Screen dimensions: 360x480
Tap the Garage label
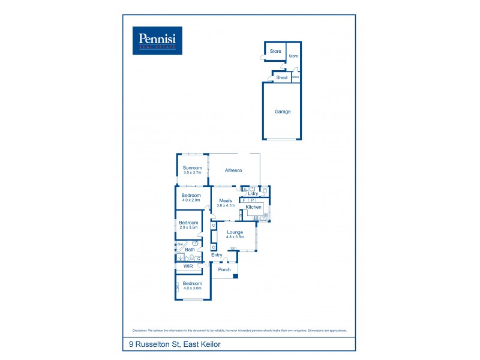pyautogui.click(x=283, y=112)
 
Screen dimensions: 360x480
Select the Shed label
pyautogui.click(x=281, y=78)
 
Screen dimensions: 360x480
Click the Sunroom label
pyautogui.click(x=192, y=168)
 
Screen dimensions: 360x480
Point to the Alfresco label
pyautogui.click(x=233, y=171)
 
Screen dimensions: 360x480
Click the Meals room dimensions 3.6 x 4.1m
pyautogui.click(x=226, y=206)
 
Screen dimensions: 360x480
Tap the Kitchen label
pyautogui.click(x=254, y=207)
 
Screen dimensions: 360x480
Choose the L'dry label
pyautogui.click(x=253, y=194)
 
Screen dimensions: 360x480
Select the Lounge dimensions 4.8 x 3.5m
pyautogui.click(x=235, y=236)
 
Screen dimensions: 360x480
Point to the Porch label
pyautogui.click(x=224, y=270)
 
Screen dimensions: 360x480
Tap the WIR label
pyautogui.click(x=188, y=266)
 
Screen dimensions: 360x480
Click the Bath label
pyautogui.click(x=190, y=250)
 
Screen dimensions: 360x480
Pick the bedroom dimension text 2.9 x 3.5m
pyautogui.click(x=188, y=227)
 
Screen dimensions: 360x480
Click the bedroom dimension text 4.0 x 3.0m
pyautogui.click(x=193, y=289)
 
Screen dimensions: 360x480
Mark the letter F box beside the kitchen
pyautogui.click(x=244, y=200)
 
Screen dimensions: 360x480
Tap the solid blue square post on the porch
pyautogui.click(x=236, y=276)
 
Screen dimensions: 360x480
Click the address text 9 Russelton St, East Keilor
pyautogui.click(x=175, y=344)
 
